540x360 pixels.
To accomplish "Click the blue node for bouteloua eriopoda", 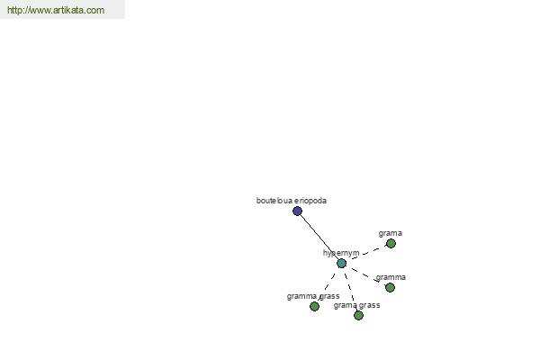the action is [297, 211].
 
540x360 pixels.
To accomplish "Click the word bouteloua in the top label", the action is [274, 201].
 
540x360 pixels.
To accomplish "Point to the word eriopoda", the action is [310, 201].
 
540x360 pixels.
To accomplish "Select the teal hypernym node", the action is [341, 263].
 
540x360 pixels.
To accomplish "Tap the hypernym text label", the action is [341, 253].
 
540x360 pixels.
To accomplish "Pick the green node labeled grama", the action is [391, 244].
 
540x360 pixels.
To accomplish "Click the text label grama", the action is [391, 234].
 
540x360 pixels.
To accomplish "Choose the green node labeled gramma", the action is [390, 287].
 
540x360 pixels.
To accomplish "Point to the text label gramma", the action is [391, 277].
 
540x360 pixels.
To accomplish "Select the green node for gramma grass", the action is [314, 306].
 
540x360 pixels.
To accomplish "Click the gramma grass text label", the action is [313, 296].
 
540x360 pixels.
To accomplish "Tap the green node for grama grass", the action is [358, 315].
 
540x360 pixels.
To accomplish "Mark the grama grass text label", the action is [356, 305].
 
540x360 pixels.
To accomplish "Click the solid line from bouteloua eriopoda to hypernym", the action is [319, 237].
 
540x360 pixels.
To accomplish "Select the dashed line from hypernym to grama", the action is [365, 254].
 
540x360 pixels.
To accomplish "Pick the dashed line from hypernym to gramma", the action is [365, 275].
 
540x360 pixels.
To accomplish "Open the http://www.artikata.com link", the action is [56, 10].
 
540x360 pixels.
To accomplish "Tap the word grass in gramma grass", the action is [328, 296].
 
